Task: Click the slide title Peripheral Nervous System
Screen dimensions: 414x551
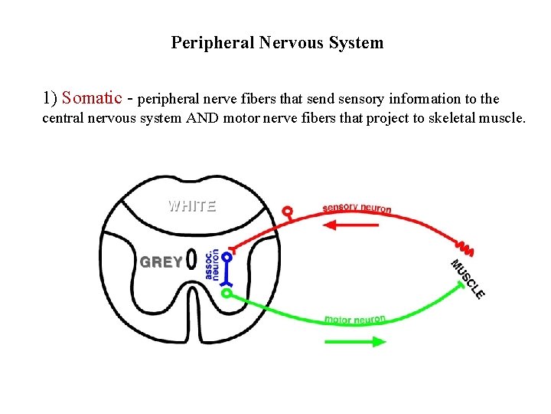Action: (277, 43)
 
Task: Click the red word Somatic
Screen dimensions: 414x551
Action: (92, 98)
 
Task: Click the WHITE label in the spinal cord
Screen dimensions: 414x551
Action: (192, 205)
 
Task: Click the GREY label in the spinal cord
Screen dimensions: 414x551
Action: (161, 262)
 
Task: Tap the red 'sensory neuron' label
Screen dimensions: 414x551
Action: (357, 209)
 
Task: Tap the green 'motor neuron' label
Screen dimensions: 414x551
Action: (355, 319)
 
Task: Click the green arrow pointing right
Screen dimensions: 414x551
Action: (355, 341)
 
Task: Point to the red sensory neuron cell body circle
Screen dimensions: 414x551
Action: (288, 211)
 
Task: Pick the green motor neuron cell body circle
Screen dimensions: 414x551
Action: (227, 292)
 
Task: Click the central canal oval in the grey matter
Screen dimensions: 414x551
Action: (191, 261)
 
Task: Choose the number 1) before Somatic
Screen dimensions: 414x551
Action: (51, 98)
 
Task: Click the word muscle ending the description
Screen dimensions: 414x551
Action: (500, 118)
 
